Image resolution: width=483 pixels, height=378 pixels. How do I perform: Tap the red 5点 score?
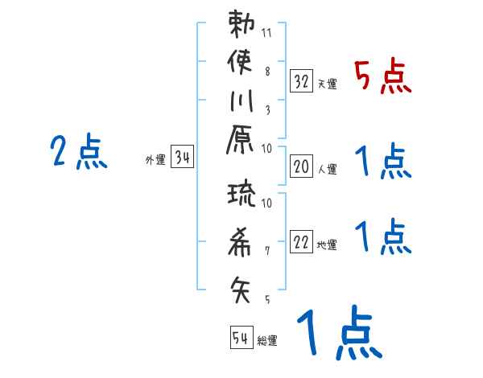tap(382, 78)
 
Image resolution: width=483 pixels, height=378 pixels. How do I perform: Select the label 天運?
tap(328, 84)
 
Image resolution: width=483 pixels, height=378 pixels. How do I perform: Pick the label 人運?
tap(328, 170)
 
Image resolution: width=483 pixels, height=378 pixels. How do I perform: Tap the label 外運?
tap(155, 160)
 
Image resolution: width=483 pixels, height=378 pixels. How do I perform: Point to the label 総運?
tap(267, 341)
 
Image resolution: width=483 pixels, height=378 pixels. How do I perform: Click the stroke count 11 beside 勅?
tap(267, 34)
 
